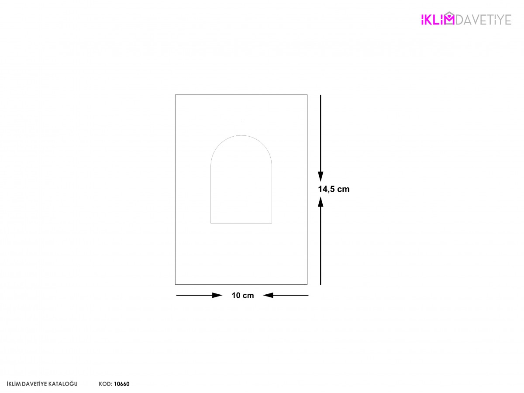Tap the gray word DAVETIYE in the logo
[483, 20]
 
